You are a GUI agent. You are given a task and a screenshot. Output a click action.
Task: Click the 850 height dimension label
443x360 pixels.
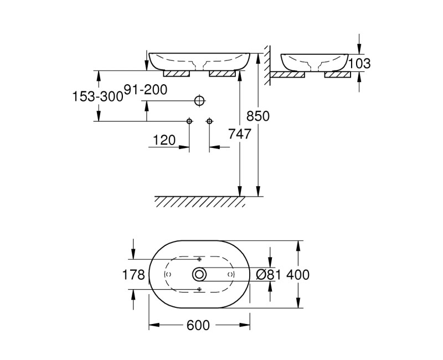257,116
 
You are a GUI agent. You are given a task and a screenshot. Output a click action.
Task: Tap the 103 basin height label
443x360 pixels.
359,64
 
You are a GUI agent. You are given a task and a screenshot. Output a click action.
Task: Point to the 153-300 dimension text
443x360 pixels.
97,96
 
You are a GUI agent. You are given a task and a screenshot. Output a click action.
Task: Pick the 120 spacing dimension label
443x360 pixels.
164,140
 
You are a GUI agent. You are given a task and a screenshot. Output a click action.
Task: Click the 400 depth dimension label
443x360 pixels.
298,274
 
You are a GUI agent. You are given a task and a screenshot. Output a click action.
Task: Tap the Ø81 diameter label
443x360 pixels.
270,274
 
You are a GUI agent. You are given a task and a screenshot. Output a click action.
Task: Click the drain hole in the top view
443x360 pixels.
199,274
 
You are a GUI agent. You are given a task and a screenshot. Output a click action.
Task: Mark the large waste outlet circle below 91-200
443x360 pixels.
199,101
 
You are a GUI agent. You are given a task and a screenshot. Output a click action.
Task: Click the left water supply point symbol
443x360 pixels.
189,121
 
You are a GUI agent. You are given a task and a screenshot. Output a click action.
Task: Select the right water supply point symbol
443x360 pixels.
209,121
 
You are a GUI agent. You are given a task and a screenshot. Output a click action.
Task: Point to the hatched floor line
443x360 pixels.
199,201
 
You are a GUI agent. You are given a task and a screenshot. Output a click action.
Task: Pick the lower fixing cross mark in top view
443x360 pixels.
199,289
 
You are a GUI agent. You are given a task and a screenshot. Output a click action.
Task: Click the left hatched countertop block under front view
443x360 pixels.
177,73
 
